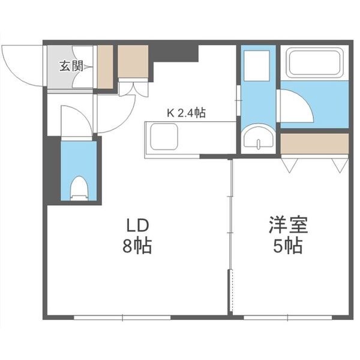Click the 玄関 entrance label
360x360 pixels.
70,67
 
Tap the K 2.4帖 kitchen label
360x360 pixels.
186,112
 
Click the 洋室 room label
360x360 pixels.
287,226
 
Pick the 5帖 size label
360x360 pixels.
287,246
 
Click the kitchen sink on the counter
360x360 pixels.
166,137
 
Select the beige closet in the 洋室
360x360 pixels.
314,143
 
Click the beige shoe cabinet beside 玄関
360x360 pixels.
105,66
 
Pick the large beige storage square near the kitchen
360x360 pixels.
133,62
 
